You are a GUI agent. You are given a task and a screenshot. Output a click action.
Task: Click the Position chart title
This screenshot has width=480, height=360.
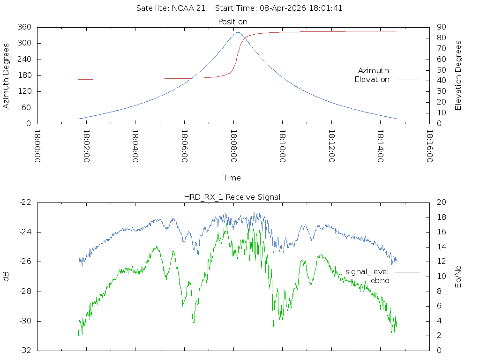[x=232, y=22]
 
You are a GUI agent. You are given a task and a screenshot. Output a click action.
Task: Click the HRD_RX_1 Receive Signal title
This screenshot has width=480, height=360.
[x=232, y=197]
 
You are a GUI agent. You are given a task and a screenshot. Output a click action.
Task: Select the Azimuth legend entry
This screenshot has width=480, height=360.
[x=374, y=70]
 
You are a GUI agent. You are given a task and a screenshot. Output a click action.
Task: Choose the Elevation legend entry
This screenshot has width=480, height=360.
[x=372, y=80]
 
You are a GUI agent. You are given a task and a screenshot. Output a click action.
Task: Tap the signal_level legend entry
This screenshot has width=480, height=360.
[x=367, y=271]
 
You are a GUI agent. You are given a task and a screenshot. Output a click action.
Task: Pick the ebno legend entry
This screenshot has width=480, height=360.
[x=380, y=280]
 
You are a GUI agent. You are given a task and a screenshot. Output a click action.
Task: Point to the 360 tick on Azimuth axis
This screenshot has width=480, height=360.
[x=24, y=27]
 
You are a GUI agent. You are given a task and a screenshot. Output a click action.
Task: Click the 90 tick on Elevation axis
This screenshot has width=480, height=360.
[x=440, y=27]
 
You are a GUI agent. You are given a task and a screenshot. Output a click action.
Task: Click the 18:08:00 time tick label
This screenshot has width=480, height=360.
[x=233, y=146]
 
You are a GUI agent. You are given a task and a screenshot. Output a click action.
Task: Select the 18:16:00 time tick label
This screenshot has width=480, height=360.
[x=429, y=146]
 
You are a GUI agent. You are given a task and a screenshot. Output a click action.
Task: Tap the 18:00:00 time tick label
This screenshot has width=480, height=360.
[x=37, y=146]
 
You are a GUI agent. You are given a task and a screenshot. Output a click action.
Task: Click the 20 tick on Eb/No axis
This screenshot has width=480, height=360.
[x=440, y=202]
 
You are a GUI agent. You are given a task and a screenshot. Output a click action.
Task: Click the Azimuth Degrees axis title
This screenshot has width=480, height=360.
[x=6, y=75]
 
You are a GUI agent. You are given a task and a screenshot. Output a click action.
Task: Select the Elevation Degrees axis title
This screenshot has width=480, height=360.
[x=458, y=75]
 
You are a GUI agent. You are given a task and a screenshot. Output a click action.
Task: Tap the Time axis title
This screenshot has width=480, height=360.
[x=232, y=178]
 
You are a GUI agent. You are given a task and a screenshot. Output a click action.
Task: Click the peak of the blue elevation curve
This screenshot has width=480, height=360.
[x=238, y=32]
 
